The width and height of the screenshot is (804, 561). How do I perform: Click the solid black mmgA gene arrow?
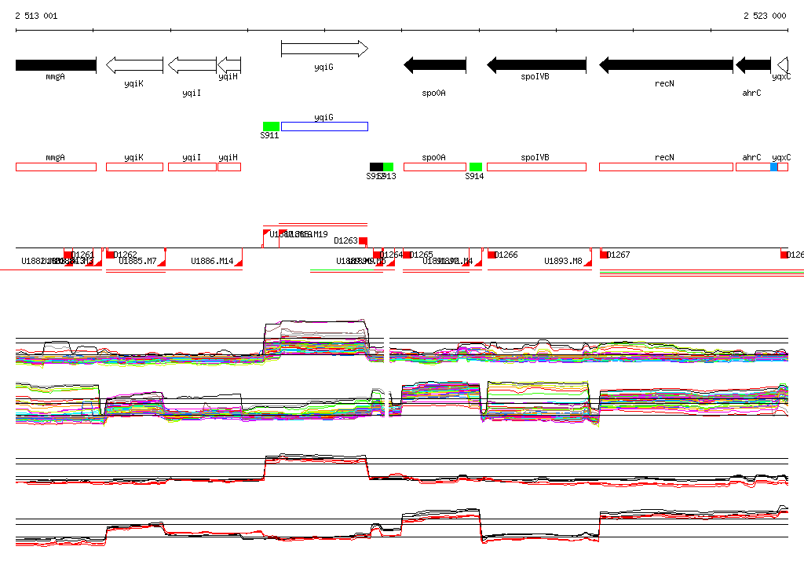click(x=55, y=64)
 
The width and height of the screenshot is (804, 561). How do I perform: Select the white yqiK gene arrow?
click(x=134, y=64)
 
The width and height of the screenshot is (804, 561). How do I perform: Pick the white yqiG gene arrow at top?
click(x=324, y=49)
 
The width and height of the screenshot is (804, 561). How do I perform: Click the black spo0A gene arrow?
click(x=435, y=64)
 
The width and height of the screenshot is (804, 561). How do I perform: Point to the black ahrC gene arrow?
click(x=753, y=64)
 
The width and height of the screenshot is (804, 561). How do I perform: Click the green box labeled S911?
click(x=271, y=126)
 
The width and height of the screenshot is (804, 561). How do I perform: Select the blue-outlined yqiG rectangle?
click(x=324, y=126)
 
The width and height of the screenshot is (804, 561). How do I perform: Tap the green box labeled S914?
click(x=475, y=167)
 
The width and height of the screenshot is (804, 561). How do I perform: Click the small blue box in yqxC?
click(x=774, y=167)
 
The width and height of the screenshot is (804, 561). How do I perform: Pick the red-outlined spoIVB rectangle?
click(x=536, y=167)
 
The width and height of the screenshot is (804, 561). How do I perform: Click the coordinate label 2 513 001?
click(x=36, y=16)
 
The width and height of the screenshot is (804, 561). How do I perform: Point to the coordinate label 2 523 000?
click(x=765, y=16)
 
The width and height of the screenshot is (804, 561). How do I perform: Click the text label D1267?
click(x=619, y=255)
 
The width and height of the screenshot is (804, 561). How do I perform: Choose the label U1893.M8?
click(x=564, y=261)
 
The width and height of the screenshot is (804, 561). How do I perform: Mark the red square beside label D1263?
click(x=363, y=240)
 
